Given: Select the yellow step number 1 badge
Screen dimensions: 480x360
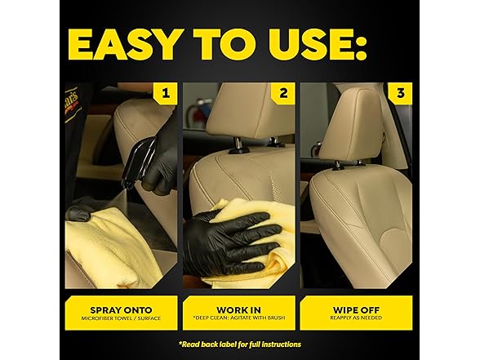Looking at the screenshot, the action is point(165,93).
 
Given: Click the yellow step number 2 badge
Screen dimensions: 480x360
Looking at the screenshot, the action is point(283,93).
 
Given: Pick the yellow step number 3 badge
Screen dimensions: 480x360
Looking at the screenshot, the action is point(400,93).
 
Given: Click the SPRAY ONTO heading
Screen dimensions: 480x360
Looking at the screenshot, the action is point(121,310).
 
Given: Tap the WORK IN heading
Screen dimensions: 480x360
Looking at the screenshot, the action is point(238,310).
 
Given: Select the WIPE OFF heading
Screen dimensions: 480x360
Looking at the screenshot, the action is point(356,310).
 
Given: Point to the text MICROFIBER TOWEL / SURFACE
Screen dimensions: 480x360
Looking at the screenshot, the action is point(121,318).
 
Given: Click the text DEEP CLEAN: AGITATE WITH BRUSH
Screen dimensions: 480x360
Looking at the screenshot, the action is point(238,318).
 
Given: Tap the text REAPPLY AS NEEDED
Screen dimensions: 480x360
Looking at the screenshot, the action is point(356,318).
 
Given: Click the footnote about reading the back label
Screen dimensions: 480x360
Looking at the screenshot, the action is point(240,344).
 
